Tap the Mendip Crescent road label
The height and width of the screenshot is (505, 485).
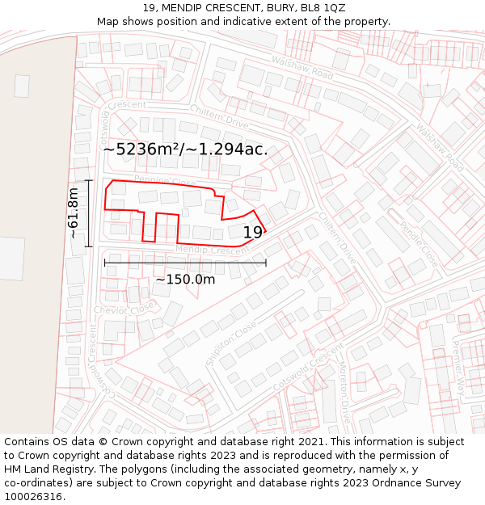pos(213,250)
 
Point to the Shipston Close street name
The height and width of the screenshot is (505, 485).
pos(231,344)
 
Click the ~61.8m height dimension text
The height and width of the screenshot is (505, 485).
pos(74,213)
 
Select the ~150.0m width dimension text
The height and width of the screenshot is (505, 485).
pos(185,280)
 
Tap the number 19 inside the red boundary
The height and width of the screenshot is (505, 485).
pos(252,233)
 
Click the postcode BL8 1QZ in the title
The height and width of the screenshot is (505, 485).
pos(323,8)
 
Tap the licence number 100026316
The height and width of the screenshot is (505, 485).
pos(35,496)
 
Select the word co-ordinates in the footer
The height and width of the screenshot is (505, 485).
pos(37,482)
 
